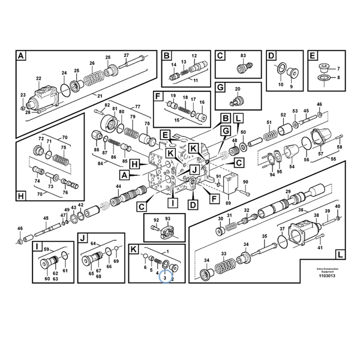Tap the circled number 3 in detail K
click(x=164, y=278)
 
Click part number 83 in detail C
click(x=243, y=56)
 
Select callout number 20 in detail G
click(x=238, y=89)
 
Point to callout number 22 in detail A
click(x=38, y=79)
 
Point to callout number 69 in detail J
click(x=116, y=262)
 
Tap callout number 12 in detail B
click(x=194, y=55)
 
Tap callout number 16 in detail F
click(x=202, y=103)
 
